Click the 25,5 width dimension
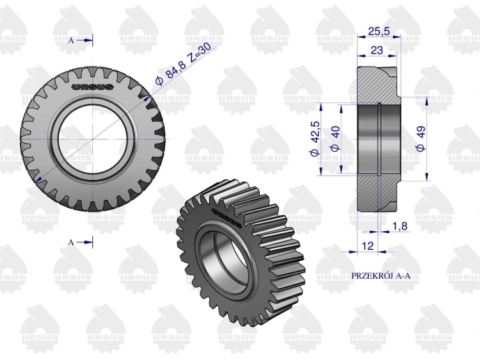click(x=379, y=31)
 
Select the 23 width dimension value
click(x=376, y=50)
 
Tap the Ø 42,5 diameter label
click(x=315, y=139)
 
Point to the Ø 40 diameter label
click(x=335, y=138)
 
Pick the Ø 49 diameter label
click(x=420, y=138)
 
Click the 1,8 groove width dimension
click(x=400, y=226)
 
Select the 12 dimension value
click(x=367, y=245)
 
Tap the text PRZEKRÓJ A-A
click(x=381, y=275)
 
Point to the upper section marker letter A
click(x=71, y=40)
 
